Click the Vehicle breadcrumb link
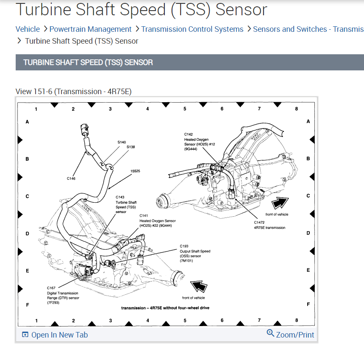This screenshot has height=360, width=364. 28,29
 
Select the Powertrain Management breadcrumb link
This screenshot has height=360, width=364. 90,29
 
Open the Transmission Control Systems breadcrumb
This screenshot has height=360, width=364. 192,29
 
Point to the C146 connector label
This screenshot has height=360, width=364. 71,179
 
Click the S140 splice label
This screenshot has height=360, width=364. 122,142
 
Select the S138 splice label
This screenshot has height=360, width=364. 131,147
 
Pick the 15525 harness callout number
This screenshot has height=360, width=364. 135,171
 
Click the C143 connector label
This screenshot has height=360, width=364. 120,197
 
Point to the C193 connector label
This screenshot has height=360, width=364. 184,246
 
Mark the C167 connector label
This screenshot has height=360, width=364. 51,288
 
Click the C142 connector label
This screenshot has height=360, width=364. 189,134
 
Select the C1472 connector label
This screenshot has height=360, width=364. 259,222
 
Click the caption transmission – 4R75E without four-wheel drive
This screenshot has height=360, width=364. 165,308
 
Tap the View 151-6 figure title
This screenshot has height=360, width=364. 76,92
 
